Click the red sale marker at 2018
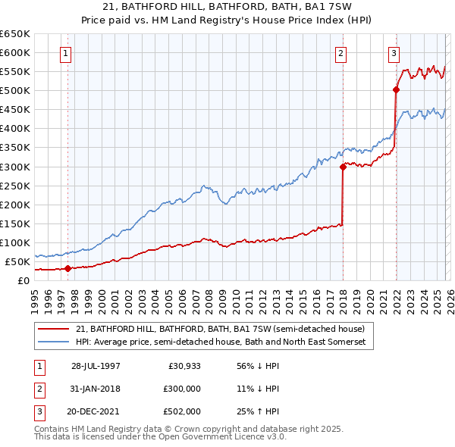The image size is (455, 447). [343, 167]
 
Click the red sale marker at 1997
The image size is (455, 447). [67, 268]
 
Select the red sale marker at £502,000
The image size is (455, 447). [396, 89]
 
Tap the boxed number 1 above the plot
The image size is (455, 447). [67, 53]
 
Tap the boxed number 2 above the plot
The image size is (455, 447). [341, 53]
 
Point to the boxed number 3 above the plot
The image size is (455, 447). [394, 53]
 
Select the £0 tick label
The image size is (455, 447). [23, 280]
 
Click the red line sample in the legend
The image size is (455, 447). [55, 329]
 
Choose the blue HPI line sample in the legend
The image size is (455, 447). [55, 342]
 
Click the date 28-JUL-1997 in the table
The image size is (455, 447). [96, 365]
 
